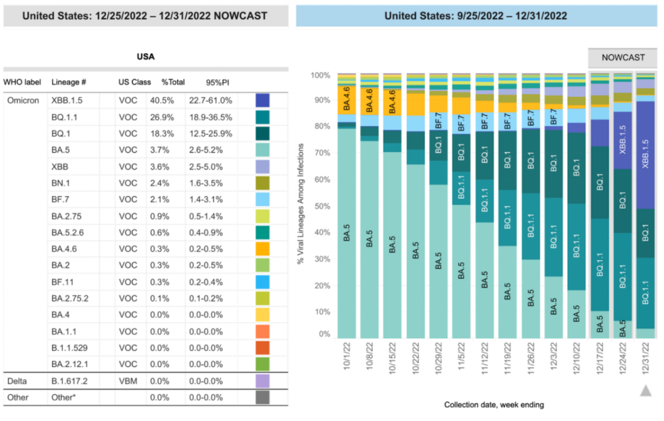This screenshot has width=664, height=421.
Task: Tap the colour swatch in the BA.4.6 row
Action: [263, 249]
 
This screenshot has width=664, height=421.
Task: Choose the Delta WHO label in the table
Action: [17, 381]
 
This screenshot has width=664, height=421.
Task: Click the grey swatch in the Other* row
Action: [263, 397]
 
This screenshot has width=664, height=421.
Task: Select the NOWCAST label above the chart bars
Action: [623, 57]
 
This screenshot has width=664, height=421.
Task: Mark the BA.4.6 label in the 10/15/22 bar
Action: [393, 102]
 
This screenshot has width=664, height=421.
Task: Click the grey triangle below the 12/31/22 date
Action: [645, 390]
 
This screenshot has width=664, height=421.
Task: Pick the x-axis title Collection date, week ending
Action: [494, 405]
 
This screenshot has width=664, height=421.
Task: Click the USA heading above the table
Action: [146, 57]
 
